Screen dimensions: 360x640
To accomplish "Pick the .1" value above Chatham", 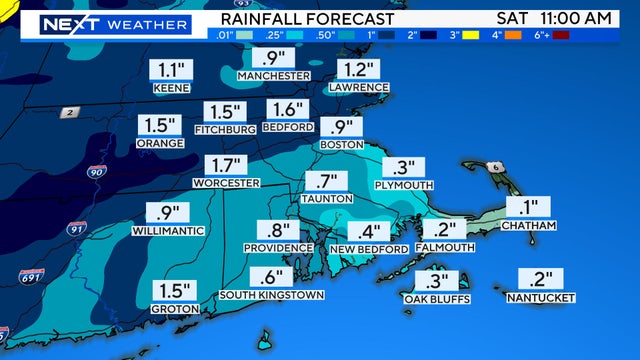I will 529,207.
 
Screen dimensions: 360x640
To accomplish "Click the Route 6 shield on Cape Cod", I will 492,166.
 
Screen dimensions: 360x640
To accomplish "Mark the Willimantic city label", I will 168,230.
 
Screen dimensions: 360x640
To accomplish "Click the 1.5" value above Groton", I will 173,291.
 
